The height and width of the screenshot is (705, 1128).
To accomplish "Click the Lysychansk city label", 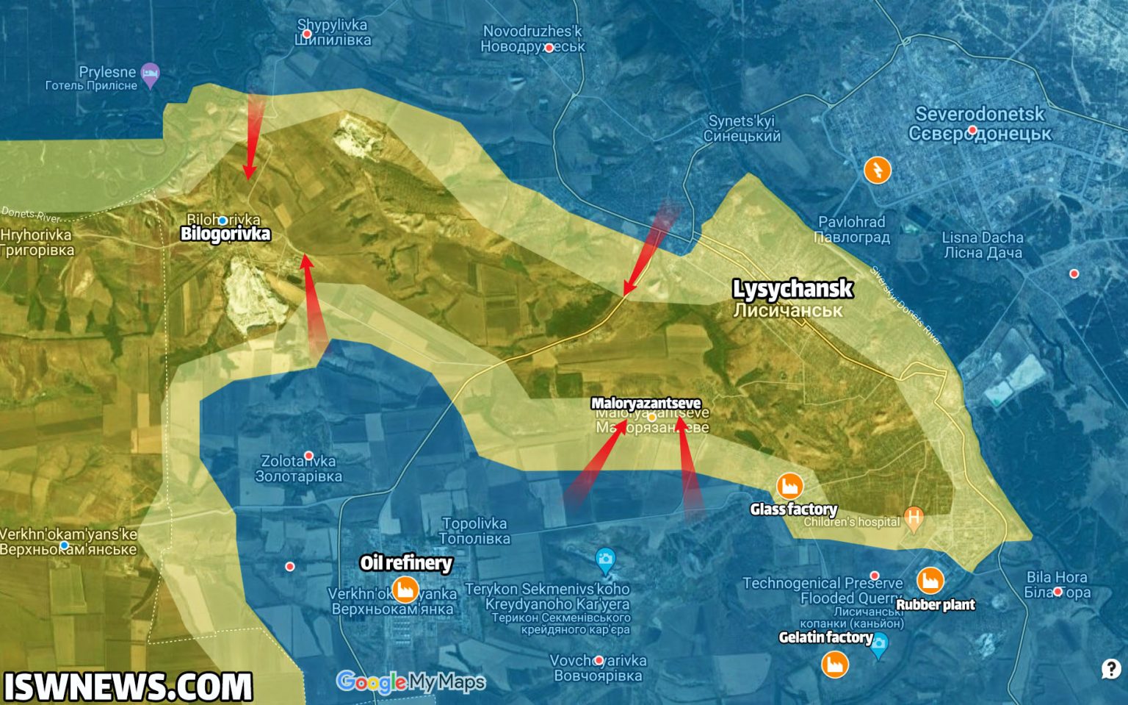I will [792, 289].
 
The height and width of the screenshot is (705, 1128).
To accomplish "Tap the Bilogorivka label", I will [225, 234].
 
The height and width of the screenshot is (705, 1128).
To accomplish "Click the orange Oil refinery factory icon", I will [404, 589].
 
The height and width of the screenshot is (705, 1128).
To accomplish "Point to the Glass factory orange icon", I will [789, 485].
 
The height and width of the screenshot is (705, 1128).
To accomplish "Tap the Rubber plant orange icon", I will [930, 580].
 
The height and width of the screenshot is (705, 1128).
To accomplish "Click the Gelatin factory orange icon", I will [834, 664].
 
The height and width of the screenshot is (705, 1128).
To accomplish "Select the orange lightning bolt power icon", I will [877, 170].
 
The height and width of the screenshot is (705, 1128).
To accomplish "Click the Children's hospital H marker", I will [914, 519].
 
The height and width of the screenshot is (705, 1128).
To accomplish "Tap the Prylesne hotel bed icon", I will [151, 74].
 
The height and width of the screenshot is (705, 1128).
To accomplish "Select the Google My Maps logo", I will [411, 682].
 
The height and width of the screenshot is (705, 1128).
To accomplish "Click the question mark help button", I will [1110, 669].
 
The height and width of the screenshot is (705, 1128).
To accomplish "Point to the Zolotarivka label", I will [298, 468].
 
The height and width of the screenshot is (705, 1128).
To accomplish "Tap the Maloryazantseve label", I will [646, 403].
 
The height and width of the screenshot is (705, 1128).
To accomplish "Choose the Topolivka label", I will [474, 530].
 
